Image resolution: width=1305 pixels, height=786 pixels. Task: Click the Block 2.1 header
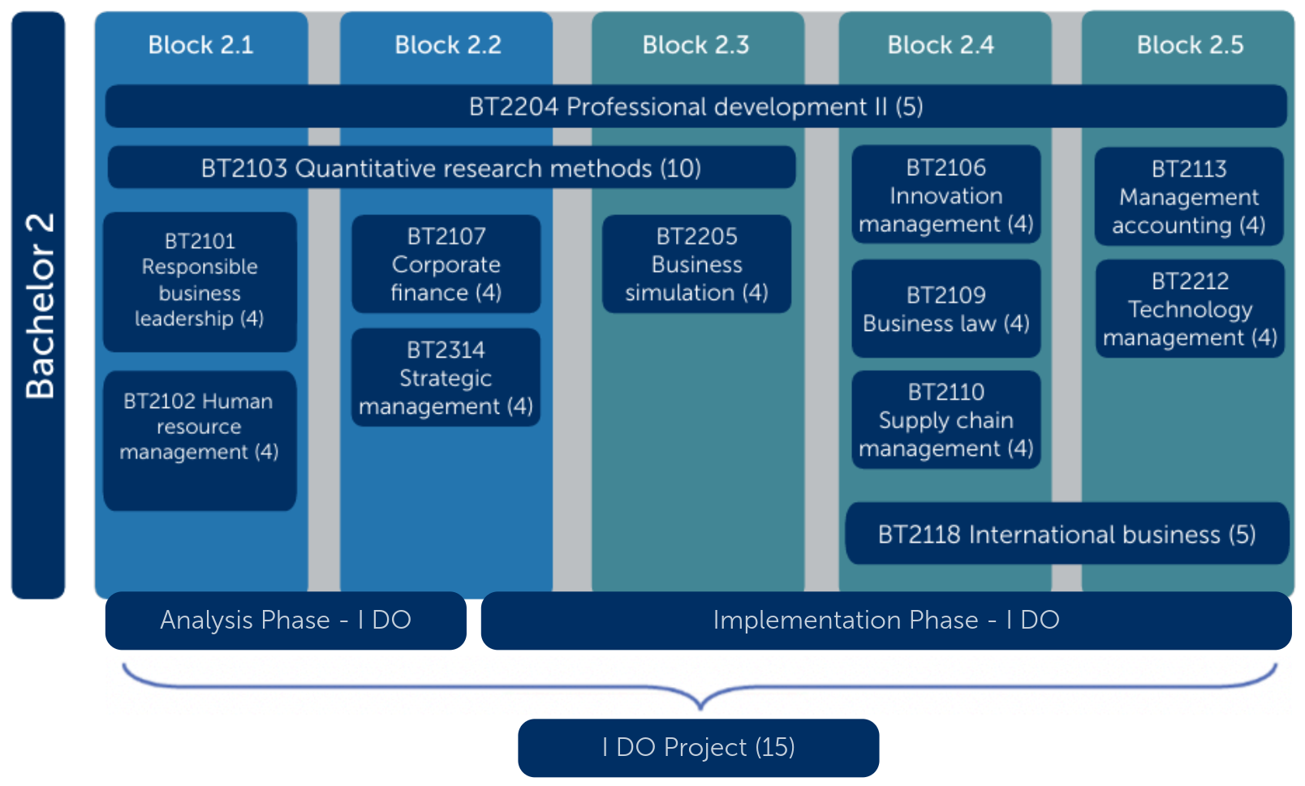click(200, 45)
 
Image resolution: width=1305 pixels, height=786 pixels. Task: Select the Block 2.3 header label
click(696, 45)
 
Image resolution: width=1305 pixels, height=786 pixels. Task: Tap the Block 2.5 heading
click(1189, 45)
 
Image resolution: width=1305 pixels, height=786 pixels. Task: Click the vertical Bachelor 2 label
click(38, 305)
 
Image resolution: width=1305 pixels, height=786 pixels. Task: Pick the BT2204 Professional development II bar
click(696, 106)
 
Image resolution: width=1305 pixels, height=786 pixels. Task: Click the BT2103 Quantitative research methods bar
click(451, 168)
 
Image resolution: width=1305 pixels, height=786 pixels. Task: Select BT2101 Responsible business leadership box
click(200, 281)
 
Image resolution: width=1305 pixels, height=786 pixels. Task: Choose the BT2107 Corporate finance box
click(446, 264)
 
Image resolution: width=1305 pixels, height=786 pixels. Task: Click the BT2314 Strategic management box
click(446, 378)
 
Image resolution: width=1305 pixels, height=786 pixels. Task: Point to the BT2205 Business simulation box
click(696, 264)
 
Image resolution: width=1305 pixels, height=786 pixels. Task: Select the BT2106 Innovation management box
click(945, 195)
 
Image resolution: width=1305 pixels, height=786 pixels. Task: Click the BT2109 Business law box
click(945, 309)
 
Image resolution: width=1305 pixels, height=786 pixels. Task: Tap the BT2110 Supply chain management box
click(945, 420)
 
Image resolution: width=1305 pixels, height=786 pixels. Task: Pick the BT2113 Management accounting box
click(1189, 197)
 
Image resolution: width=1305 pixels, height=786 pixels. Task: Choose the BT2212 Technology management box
click(1190, 309)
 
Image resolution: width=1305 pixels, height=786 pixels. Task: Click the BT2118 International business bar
click(1066, 534)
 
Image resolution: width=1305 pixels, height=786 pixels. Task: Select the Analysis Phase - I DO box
click(286, 621)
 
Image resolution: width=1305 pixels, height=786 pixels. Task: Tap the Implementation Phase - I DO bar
click(885, 621)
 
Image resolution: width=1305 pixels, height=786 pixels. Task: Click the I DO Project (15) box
click(698, 747)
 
